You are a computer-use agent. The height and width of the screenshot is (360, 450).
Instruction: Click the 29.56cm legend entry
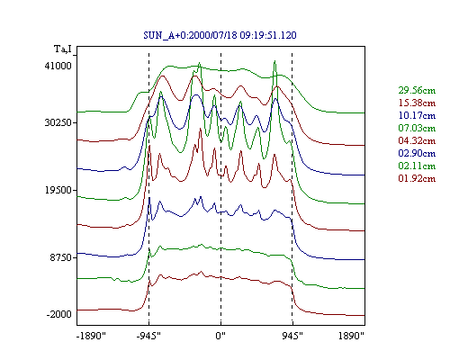tap(417, 90)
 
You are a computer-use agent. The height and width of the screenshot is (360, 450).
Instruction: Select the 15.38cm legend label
tap(417, 103)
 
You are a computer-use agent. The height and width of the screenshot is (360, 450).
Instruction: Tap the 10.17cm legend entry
tap(417, 115)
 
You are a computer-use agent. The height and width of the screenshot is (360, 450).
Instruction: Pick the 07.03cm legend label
tap(417, 128)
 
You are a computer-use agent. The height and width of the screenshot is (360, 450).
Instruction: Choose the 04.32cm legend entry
tap(417, 140)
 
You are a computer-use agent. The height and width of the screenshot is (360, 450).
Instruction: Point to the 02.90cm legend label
tap(417, 153)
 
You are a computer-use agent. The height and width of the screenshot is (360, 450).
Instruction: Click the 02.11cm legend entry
tap(417, 166)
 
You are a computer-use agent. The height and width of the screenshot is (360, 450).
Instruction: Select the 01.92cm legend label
tap(417, 178)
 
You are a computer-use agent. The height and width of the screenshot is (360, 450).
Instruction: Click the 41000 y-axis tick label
tap(58, 66)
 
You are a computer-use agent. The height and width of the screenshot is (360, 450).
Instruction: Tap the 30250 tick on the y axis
tap(58, 122)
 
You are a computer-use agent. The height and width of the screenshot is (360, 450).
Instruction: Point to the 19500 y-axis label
tap(58, 190)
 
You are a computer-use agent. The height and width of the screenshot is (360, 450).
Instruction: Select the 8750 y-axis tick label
tap(61, 257)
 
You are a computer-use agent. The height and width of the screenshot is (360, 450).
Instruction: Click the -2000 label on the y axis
tap(59, 314)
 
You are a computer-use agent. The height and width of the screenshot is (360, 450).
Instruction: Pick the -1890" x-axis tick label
tap(92, 336)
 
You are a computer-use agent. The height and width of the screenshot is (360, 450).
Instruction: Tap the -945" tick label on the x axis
tap(148, 336)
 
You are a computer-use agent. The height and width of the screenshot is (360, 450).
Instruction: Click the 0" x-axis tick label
tap(220, 336)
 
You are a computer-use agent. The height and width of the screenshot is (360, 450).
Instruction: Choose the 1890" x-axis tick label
tap(351, 336)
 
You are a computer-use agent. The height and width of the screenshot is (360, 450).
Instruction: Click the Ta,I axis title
tap(63, 49)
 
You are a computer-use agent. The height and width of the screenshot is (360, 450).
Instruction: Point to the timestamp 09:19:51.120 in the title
tap(268, 35)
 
